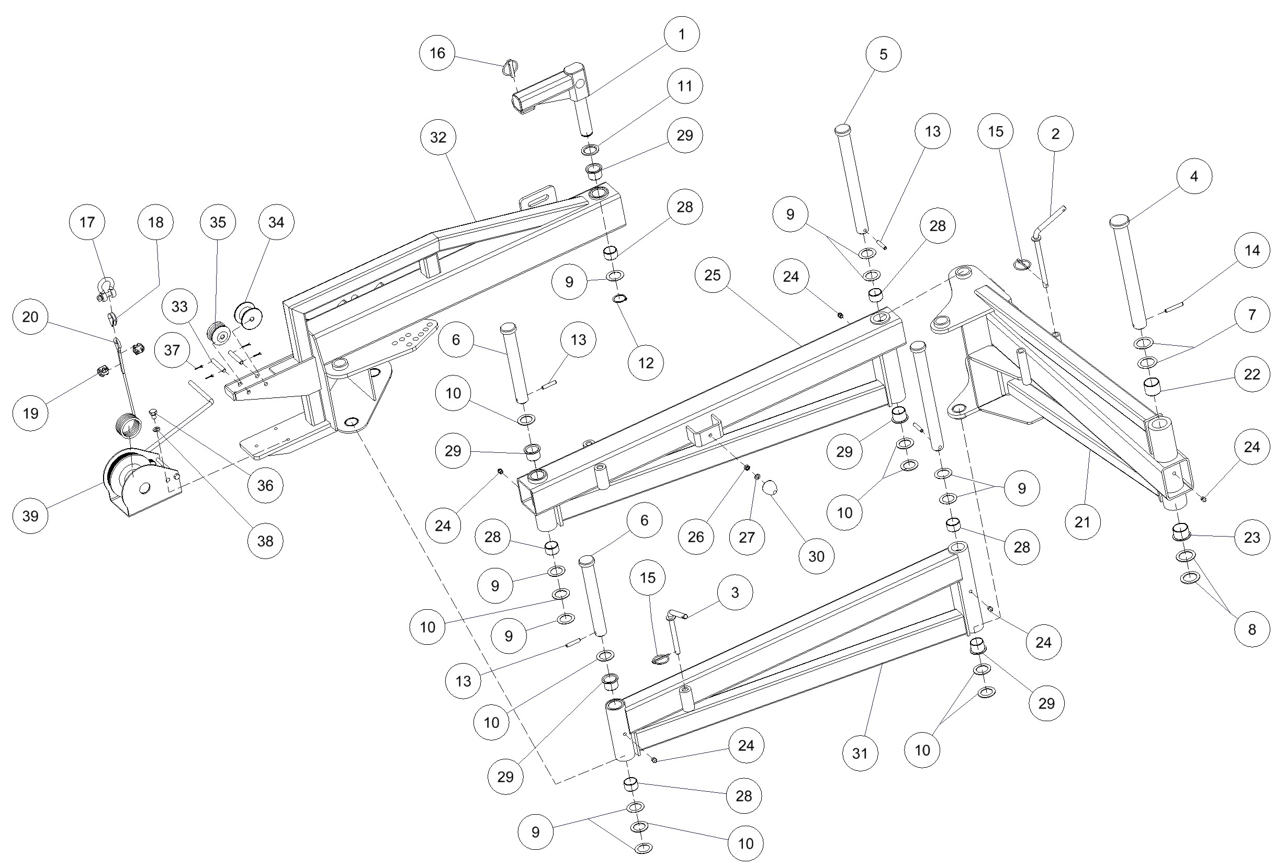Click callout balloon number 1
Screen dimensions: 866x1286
click(681, 34)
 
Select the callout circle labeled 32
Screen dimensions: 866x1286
click(438, 137)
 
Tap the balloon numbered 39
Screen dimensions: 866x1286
click(30, 516)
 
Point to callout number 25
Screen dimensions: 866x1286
click(713, 275)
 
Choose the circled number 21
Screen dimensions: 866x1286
click(1082, 521)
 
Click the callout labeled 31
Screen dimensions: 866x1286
click(860, 753)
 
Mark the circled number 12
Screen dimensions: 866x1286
click(646, 363)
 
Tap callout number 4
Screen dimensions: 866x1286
click(1194, 176)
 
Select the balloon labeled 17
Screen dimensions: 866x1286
click(87, 222)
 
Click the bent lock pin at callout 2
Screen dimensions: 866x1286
click(1044, 243)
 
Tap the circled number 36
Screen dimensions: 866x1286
click(265, 485)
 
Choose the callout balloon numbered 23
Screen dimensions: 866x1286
click(1253, 538)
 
